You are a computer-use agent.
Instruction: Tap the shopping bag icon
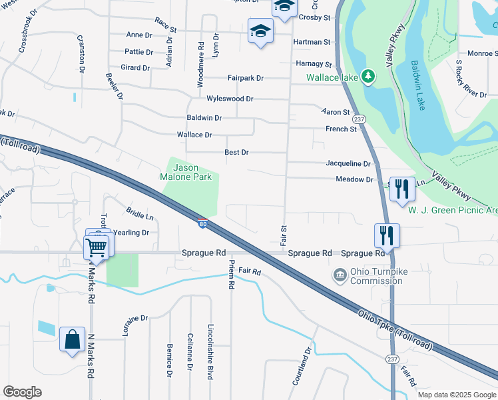pos(71,340)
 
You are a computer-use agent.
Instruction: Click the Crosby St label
pos(315,17)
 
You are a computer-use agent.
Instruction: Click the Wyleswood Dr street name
pos(230,99)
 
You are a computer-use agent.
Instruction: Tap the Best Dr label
pos(236,153)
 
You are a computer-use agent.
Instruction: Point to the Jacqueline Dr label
pos(348,163)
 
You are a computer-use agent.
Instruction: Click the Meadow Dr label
pos(354,179)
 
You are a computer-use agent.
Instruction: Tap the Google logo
pos(22,392)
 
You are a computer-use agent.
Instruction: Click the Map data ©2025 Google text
pos(456,395)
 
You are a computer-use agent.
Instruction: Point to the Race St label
pos(165,30)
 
